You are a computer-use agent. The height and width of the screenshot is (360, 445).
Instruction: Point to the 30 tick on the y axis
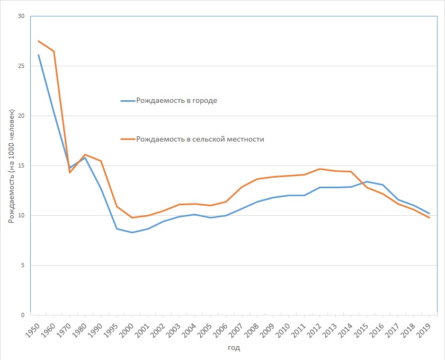click(21, 16)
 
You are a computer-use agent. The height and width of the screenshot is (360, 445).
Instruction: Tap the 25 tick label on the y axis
click(21, 66)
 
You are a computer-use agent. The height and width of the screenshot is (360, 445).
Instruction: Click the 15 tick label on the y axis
click(21, 166)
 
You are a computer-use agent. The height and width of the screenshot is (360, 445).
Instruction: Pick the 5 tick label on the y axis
click(23, 266)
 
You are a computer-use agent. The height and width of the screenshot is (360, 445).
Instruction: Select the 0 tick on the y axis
click(23, 315)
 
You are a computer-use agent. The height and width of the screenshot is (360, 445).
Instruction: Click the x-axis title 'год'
click(234, 348)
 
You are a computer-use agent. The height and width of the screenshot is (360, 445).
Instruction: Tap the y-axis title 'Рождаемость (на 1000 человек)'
click(11, 166)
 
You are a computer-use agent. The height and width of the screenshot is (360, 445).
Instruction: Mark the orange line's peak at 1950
click(38, 41)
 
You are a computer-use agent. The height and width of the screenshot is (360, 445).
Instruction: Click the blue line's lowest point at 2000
click(132, 232)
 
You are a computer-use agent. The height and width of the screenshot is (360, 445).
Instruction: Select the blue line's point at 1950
click(38, 55)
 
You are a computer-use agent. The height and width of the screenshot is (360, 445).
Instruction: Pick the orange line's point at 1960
click(54, 51)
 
